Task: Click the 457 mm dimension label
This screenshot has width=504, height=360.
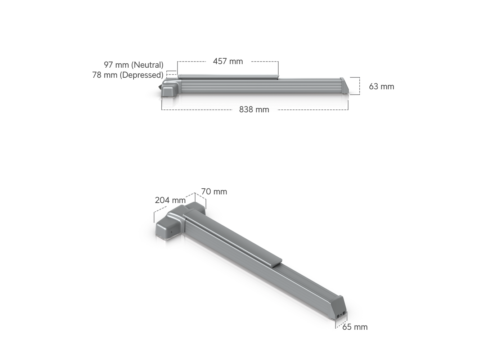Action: tap(228, 61)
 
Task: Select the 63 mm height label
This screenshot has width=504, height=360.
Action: tap(381, 86)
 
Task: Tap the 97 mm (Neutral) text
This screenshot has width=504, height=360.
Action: tap(134, 65)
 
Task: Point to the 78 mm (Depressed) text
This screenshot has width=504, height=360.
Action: tap(127, 75)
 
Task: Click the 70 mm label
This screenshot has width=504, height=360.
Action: tap(214, 192)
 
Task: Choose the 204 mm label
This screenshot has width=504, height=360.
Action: tap(170, 200)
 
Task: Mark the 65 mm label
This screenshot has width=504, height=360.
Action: tap(355, 327)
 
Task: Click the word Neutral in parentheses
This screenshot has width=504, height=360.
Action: tap(147, 65)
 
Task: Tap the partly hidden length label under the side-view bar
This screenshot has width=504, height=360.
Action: tap(254, 109)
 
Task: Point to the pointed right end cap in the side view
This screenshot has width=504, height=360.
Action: tap(345, 92)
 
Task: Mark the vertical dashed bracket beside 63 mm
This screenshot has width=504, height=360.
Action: tap(359, 86)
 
